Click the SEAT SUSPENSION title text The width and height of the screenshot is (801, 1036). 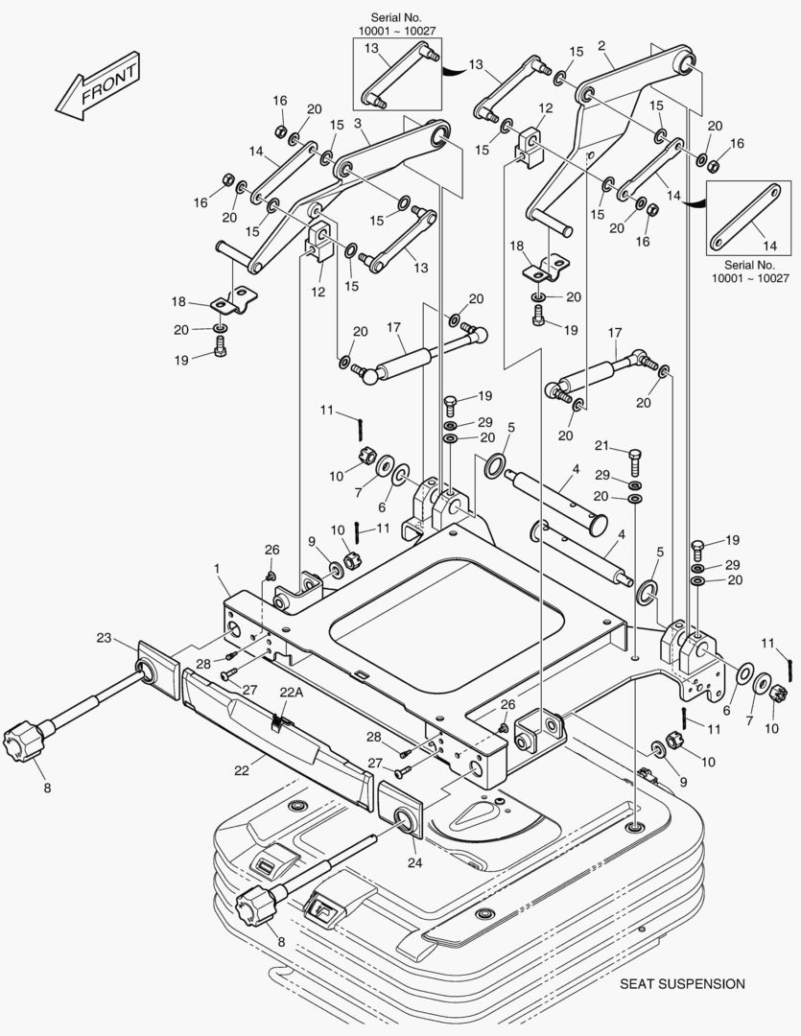[x=681, y=983]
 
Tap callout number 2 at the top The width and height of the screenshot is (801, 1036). [x=601, y=45]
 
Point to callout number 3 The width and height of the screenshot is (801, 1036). [x=358, y=124]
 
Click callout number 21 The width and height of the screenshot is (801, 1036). [x=601, y=445]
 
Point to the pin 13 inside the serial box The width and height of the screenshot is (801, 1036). [x=398, y=76]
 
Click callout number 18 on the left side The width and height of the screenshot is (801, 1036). [x=177, y=301]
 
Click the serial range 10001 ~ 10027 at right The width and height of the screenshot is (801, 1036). [x=750, y=278]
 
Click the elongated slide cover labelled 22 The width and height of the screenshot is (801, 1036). [x=278, y=739]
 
